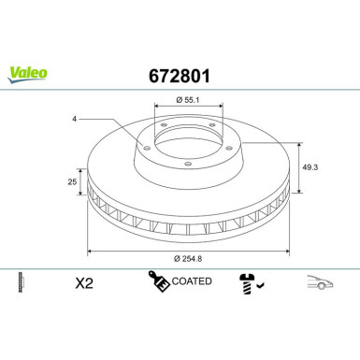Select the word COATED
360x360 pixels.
pyautogui.click(x=193, y=281)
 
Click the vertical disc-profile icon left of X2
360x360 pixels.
pyautogui.click(x=21, y=281)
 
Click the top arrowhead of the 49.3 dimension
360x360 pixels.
pyautogui.click(x=299, y=144)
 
